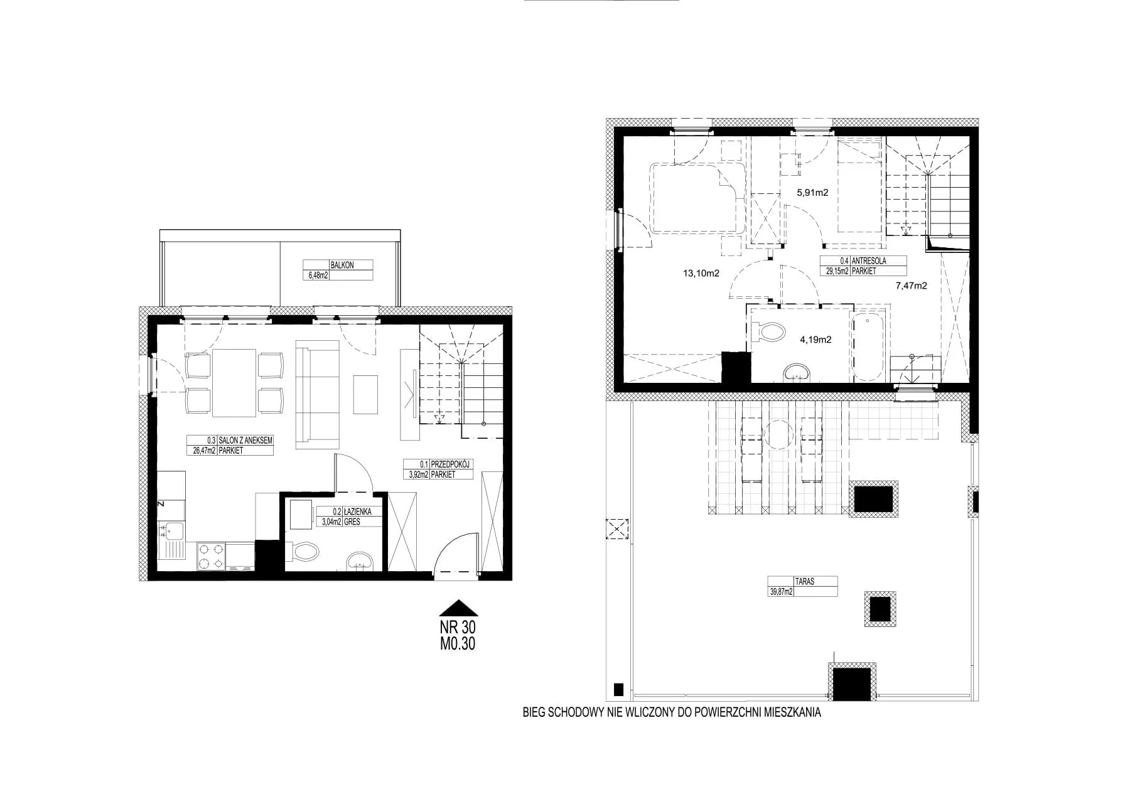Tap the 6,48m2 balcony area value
click(x=318, y=275)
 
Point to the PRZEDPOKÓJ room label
click(x=451, y=464)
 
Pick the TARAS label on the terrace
click(x=805, y=581)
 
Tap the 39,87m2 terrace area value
click(x=782, y=591)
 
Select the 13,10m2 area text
click(x=701, y=274)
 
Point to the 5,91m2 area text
click(x=812, y=193)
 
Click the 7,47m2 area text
click(x=912, y=286)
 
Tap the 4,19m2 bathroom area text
click(x=815, y=340)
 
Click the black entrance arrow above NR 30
click(x=458, y=608)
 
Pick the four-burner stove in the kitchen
click(x=212, y=555)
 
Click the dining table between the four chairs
click(x=235, y=383)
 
